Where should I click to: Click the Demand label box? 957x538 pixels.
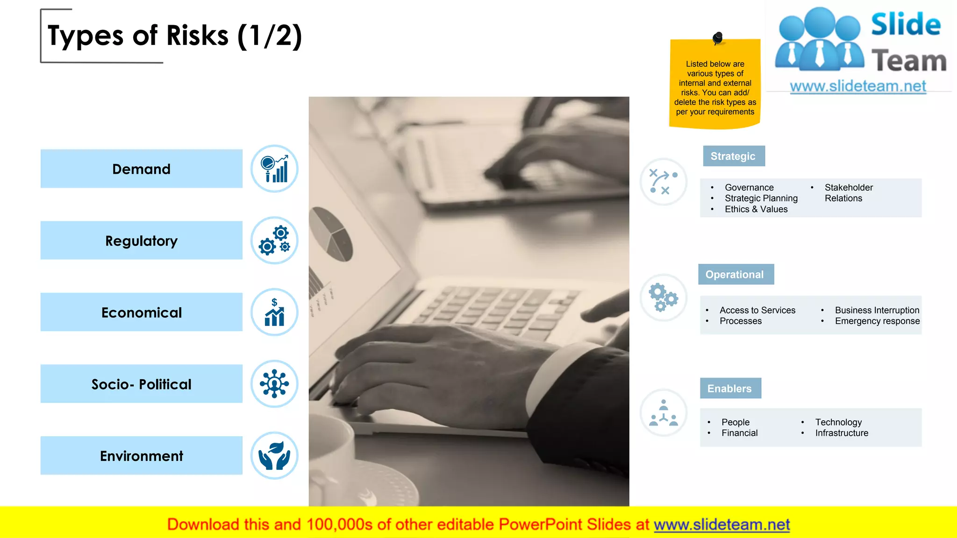pos(141,169)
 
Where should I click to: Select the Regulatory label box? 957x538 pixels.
pos(141,241)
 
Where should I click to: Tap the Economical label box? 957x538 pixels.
pos(141,312)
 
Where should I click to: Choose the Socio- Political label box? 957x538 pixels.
pos(141,384)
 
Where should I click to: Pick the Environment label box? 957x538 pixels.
pos(141,455)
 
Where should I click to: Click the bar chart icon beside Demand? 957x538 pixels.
pos(274,169)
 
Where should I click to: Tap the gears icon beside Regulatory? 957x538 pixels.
pos(274,240)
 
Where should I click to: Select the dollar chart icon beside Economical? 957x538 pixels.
pos(274,312)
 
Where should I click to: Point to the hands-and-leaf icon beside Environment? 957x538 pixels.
pos(274,455)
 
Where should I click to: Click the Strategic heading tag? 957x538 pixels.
pos(734,156)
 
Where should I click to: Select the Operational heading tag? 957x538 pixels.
pos(736,275)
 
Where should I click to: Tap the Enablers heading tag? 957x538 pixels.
pos(730,389)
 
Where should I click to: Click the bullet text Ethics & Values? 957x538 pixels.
pos(756,209)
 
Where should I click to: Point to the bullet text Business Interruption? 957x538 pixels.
pos(877,310)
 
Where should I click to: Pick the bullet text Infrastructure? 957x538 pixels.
pos(842,433)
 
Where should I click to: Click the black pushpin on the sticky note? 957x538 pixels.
pos(718,37)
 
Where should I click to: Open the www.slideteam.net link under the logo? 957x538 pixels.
pos(858,86)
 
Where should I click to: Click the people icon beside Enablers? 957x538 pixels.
pos(663,413)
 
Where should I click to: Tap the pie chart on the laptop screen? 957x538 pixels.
pos(331,234)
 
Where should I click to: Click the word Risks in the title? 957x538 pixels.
pos(198,35)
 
